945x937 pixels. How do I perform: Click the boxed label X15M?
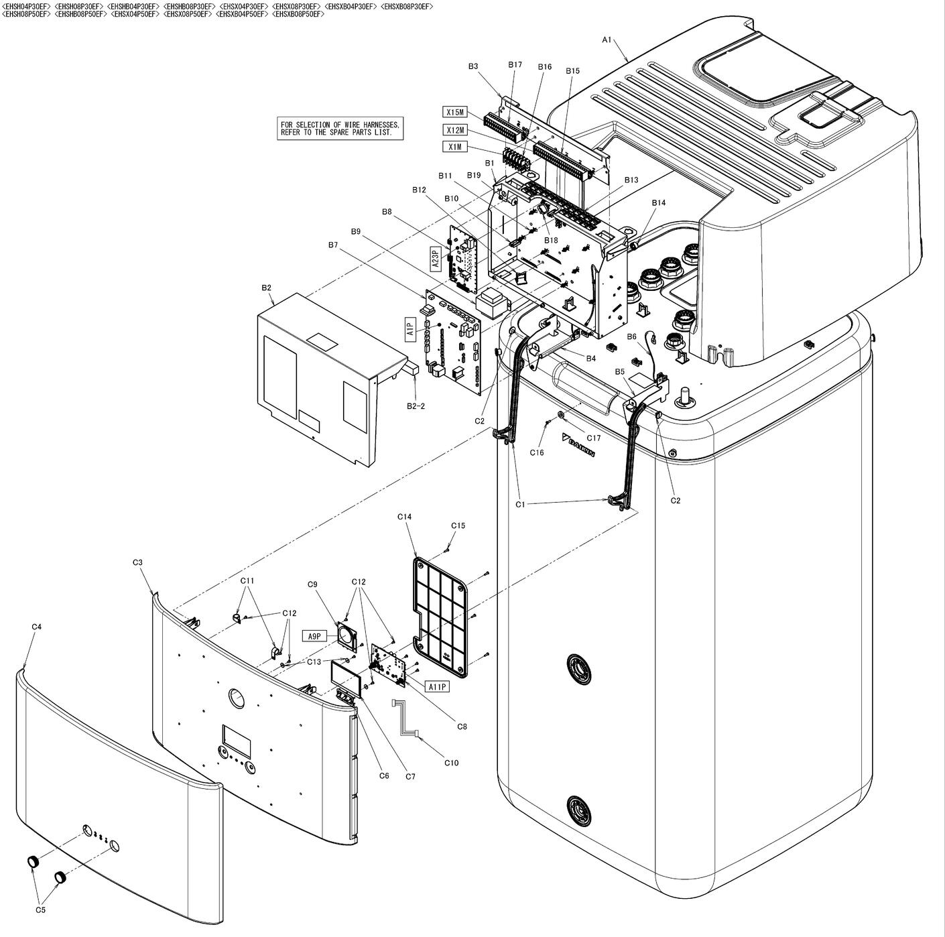pyautogui.click(x=455, y=112)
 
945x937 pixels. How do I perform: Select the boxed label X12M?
pyautogui.click(x=455, y=129)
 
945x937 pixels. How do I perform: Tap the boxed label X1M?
pyautogui.click(x=454, y=147)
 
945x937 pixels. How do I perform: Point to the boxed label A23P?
pyautogui.click(x=435, y=259)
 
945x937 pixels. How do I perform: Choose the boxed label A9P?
pyautogui.click(x=314, y=636)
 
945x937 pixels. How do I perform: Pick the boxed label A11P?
pyautogui.click(x=437, y=686)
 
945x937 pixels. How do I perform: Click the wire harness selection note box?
pyautogui.click(x=341, y=128)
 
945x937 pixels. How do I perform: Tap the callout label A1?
pyautogui.click(x=607, y=40)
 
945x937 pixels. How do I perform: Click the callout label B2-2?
pyautogui.click(x=416, y=405)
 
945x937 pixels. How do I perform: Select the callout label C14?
pyautogui.click(x=404, y=517)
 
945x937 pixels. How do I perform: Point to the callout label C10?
pyautogui.click(x=451, y=762)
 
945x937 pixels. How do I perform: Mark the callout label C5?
pyautogui.click(x=40, y=910)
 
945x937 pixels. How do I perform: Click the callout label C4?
pyautogui.click(x=37, y=627)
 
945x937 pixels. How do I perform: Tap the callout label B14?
pyautogui.click(x=659, y=202)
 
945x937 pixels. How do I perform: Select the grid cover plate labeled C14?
pyautogui.click(x=440, y=613)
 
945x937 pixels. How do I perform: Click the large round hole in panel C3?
pyautogui.click(x=237, y=697)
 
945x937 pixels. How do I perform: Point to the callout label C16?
pyautogui.click(x=537, y=452)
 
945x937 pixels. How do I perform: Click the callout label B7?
pyautogui.click(x=333, y=245)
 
